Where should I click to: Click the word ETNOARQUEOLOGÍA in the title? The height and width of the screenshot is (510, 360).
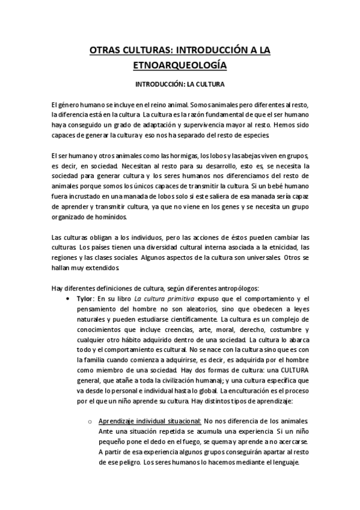tap(179, 63)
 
